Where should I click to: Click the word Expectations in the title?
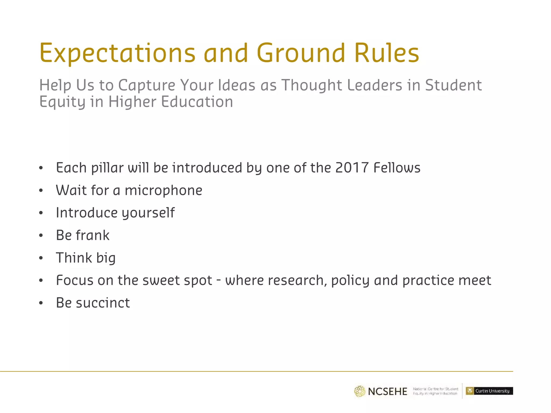[117, 53]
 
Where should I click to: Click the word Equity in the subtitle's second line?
[62, 102]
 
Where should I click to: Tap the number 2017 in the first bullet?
[352, 168]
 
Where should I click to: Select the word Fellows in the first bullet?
[397, 168]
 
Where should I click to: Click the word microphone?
[163, 190]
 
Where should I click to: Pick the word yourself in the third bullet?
[148, 213]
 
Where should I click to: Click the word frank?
[93, 235]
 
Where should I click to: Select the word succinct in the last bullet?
[103, 303]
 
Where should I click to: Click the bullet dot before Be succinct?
[41, 303]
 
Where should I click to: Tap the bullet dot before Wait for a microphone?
[41, 191]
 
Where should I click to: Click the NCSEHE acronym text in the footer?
[387, 391]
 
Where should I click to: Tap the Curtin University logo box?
[489, 391]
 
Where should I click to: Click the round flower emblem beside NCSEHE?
[359, 391]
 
